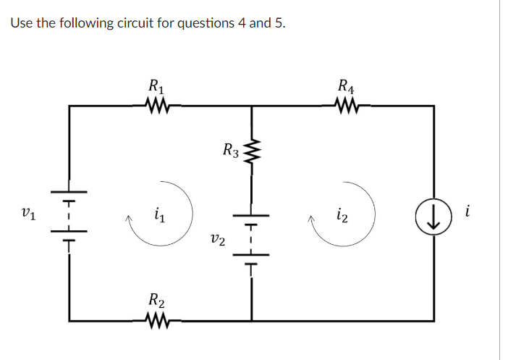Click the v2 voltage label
(216, 238)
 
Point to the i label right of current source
(469, 212)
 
